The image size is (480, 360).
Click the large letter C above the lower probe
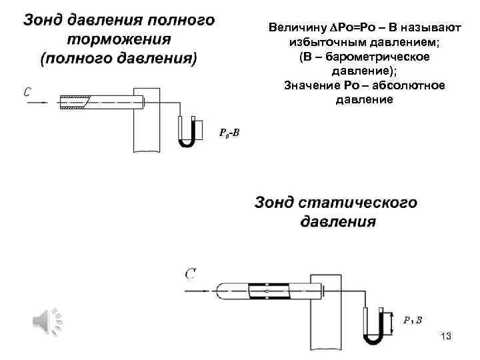tap(190, 273)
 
